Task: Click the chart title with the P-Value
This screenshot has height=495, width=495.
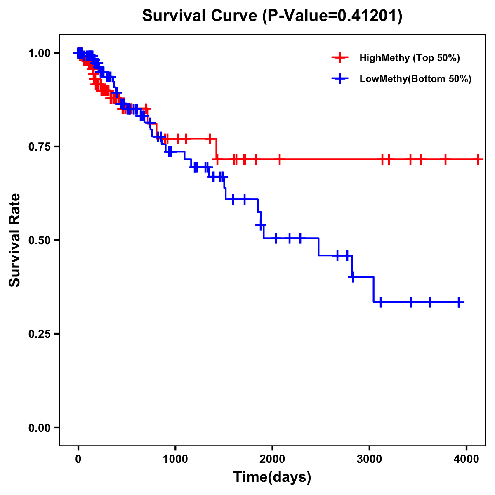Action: pyautogui.click(x=272, y=16)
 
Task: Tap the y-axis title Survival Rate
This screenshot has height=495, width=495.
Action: pyautogui.click(x=15, y=240)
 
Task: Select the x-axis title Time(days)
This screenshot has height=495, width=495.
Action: pyautogui.click(x=272, y=477)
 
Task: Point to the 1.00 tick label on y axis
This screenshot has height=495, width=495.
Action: pyautogui.click(x=39, y=53)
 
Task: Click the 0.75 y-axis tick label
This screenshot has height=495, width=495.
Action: pyautogui.click(x=39, y=147)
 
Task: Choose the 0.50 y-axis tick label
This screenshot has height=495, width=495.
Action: pyautogui.click(x=39, y=240)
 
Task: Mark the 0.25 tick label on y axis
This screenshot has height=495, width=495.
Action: pyautogui.click(x=39, y=334)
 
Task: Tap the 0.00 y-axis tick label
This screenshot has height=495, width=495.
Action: pyautogui.click(x=39, y=428)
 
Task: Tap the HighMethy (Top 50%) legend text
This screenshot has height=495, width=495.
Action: pyautogui.click(x=410, y=58)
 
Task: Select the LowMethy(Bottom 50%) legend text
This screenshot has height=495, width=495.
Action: pyautogui.click(x=415, y=79)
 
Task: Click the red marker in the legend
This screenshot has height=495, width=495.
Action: pyautogui.click(x=339, y=58)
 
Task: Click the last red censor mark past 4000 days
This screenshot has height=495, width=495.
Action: pyautogui.click(x=478, y=159)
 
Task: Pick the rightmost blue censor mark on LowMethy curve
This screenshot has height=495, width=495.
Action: pyautogui.click(x=459, y=302)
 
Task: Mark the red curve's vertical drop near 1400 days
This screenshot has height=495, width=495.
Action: pyautogui.click(x=217, y=149)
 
